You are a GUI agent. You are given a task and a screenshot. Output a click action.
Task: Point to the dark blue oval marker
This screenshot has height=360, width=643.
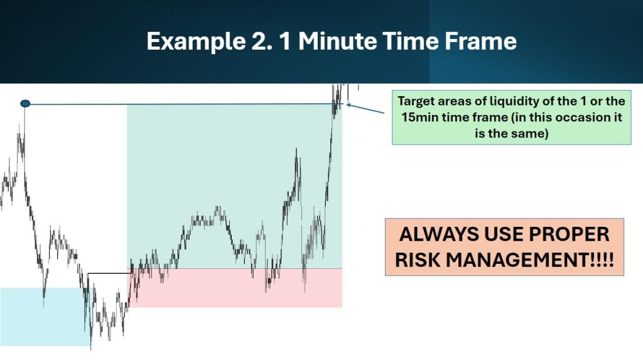25,104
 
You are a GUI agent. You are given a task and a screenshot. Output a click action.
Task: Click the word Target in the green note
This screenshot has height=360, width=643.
416,101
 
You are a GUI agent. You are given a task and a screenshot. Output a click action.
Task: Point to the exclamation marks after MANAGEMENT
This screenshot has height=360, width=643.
601,260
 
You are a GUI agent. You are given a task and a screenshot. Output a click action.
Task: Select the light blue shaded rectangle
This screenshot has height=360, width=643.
45,317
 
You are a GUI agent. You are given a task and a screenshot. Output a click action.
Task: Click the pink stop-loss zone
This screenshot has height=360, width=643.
236,288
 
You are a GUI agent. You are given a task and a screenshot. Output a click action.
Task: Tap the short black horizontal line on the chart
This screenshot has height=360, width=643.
109,273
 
